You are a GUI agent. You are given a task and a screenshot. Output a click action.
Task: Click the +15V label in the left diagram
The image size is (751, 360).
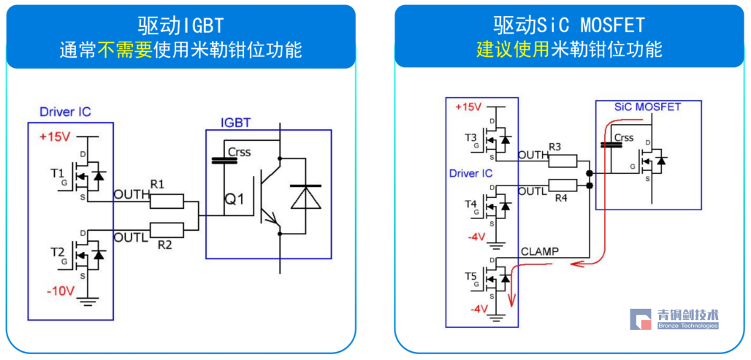pos(55,137)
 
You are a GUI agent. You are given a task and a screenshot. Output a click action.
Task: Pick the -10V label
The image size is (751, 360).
pos(60,291)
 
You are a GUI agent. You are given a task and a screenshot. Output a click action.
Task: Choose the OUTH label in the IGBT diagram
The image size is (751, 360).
pos(131,194)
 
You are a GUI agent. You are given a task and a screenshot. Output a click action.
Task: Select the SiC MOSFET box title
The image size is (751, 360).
pos(647,107)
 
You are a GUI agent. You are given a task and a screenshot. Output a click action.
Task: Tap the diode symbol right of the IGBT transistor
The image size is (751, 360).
pos(305,196)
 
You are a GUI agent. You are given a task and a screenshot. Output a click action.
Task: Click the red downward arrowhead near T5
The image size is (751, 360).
pos(512,299)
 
